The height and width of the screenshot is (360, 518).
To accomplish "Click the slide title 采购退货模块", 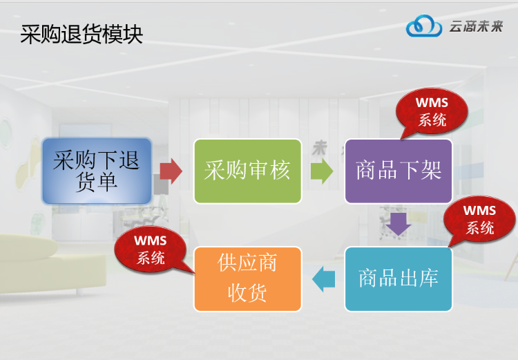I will [x=81, y=35].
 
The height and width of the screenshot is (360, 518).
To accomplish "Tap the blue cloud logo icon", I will [x=423, y=26].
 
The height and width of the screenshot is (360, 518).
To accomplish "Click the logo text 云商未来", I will [x=476, y=26].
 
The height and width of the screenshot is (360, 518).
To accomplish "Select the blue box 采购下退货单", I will [x=96, y=171].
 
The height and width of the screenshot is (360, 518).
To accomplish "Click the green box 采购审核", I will [x=247, y=171].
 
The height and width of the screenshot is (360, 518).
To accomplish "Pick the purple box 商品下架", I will [x=399, y=171].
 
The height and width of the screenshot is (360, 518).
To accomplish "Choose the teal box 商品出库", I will [x=399, y=278].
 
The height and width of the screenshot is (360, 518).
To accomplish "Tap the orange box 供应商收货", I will [x=247, y=278].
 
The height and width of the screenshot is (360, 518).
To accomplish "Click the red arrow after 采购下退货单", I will [x=171, y=171].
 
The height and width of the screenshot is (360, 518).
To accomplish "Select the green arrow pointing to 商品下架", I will [x=322, y=171].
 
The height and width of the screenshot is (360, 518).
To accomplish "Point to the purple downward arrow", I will [x=399, y=224].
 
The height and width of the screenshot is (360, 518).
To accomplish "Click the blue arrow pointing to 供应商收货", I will [x=323, y=279].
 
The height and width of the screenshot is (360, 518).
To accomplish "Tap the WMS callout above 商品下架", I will [x=432, y=111].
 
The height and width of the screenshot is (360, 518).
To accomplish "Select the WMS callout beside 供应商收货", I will [x=151, y=249].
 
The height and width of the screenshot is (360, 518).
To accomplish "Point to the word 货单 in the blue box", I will [x=96, y=182].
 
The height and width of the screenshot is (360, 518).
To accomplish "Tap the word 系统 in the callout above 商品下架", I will [x=432, y=120].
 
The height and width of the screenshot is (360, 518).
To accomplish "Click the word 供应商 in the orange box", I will [x=247, y=263].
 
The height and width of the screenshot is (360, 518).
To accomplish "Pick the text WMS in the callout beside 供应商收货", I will [x=151, y=241].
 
